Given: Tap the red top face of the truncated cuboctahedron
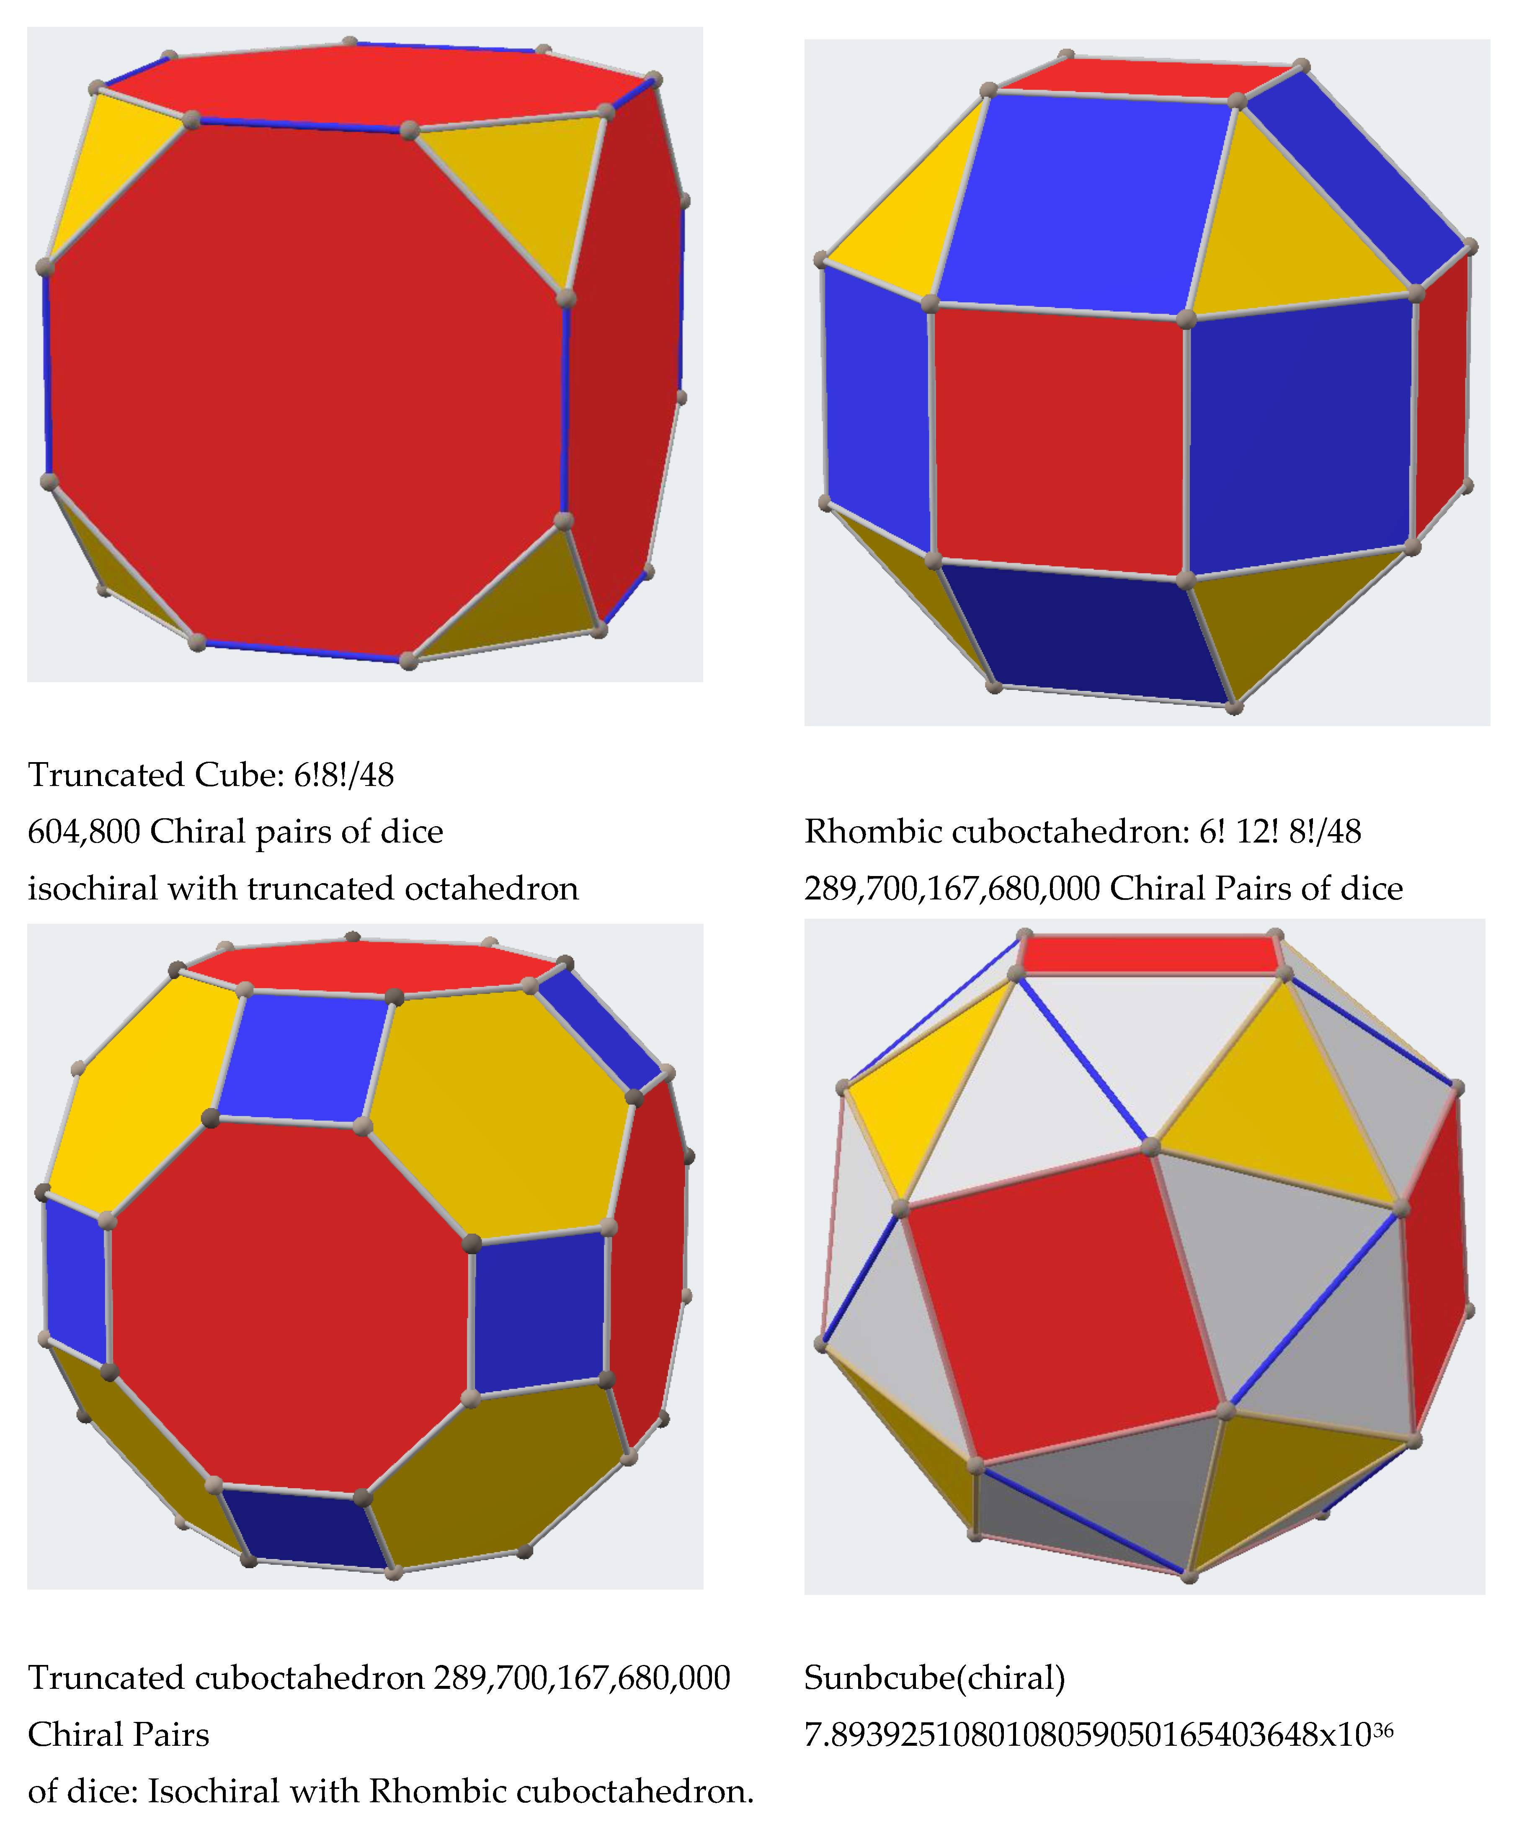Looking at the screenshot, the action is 374,966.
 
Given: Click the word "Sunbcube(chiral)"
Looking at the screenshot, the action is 935,1678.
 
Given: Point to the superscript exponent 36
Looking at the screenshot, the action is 1383,1725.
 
